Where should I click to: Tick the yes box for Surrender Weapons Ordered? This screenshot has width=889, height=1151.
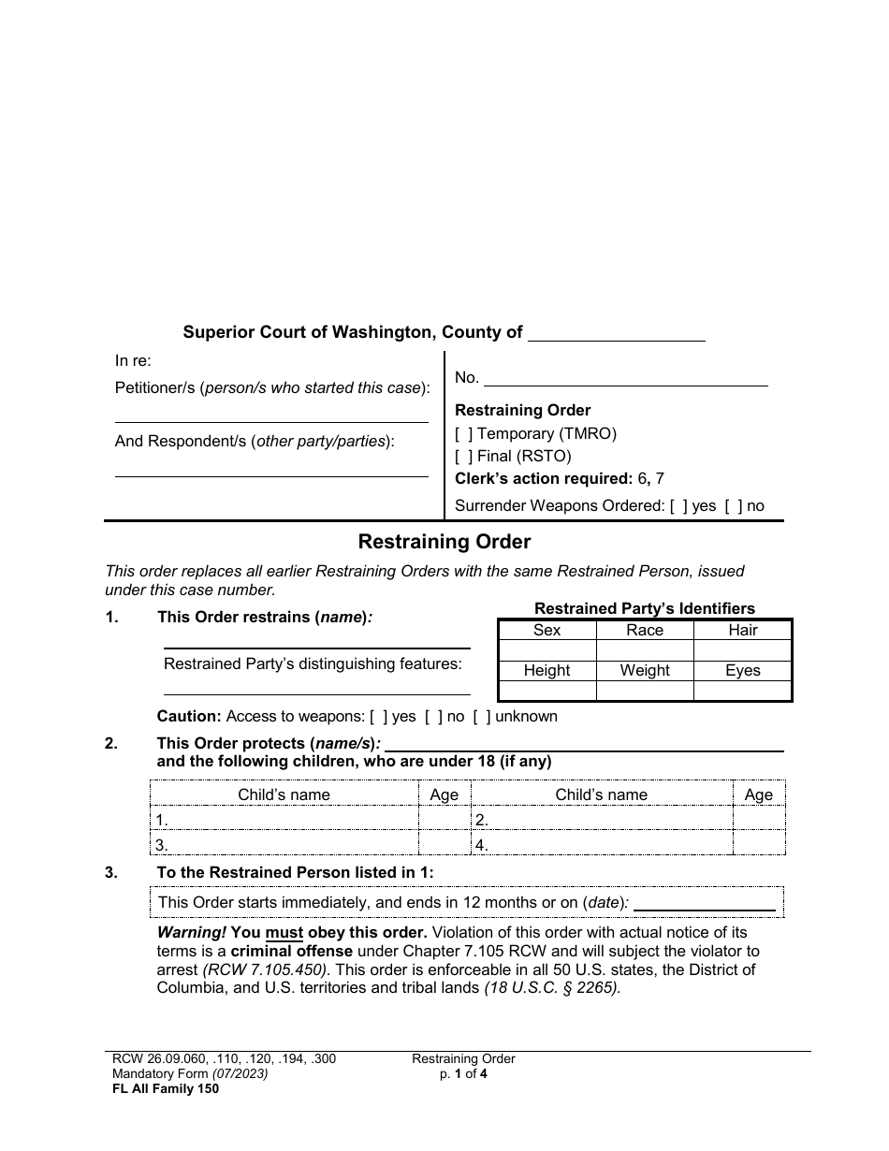[679, 506]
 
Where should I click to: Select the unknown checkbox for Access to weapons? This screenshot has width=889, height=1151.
[482, 717]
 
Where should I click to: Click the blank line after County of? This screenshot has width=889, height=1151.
[616, 334]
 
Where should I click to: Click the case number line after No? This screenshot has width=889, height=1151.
[625, 378]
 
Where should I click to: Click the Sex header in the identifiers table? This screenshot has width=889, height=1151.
[547, 631]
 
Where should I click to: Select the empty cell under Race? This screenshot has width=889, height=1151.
[644, 650]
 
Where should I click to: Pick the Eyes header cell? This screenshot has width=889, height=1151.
[742, 671]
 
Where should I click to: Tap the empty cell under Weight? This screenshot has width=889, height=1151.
[644, 691]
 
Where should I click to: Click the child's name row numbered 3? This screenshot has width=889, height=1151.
[285, 845]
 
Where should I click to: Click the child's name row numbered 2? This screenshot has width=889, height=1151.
[602, 821]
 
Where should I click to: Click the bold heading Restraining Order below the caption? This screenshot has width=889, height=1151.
[444, 542]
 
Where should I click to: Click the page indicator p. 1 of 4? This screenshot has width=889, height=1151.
[463, 1074]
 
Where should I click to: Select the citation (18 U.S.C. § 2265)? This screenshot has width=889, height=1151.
[551, 987]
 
